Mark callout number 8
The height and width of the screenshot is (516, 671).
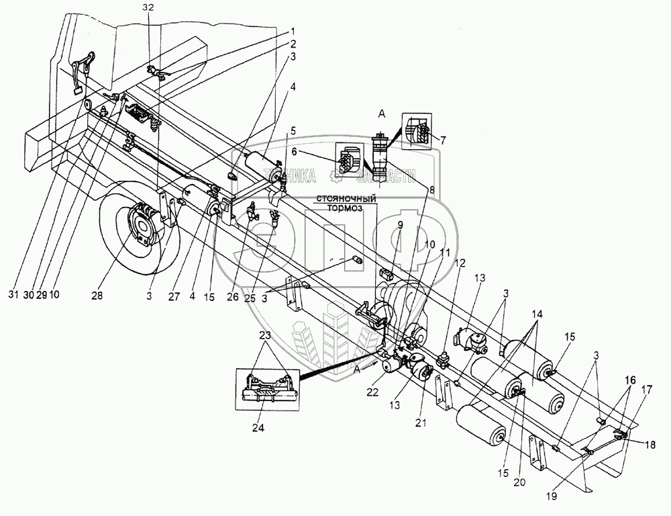pyautogui.click(x=432, y=190)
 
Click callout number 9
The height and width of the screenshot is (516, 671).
pyautogui.click(x=399, y=224)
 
